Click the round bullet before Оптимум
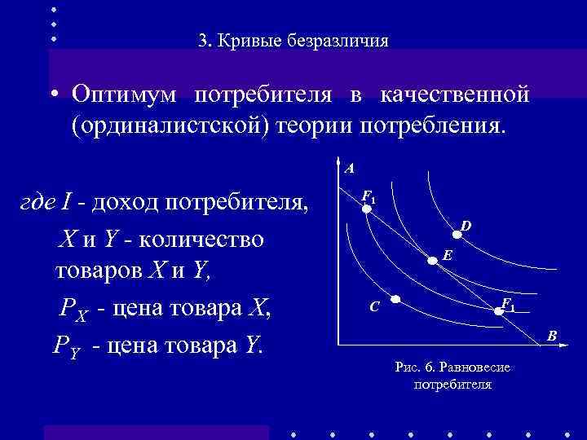coord(51,95)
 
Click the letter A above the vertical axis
coord(349,169)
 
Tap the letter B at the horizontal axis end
coord(552,336)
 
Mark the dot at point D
coord(457,235)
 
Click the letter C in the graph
coord(373,307)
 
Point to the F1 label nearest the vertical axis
coord(369,196)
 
